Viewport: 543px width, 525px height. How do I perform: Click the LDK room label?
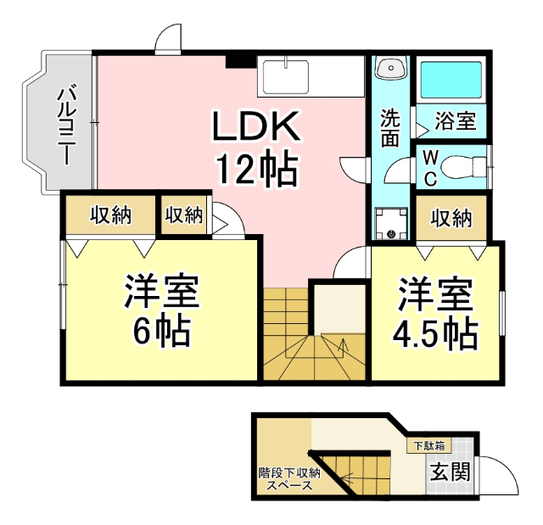255,128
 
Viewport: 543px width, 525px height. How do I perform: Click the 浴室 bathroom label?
455,120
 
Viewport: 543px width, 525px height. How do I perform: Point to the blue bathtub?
450,81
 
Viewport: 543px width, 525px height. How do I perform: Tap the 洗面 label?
389,128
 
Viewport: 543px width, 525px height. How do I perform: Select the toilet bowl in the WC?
462,167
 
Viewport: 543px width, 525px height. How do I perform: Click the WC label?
430,168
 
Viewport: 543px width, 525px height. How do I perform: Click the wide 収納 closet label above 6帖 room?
110,215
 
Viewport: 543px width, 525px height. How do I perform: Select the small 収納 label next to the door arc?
184,215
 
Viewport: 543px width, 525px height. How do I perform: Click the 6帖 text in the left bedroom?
161,332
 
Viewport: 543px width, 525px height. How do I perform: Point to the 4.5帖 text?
434,333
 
